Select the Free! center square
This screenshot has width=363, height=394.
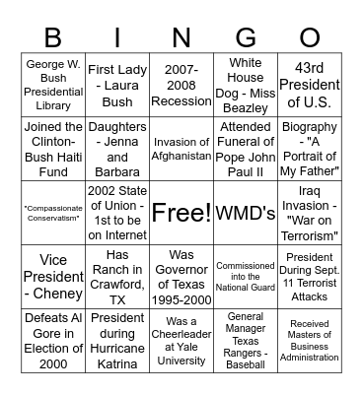[x=181, y=212]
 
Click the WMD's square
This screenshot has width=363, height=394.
[x=245, y=212]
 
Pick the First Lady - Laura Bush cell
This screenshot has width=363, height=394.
[x=116, y=86]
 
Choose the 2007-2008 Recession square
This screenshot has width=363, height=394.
[x=181, y=86]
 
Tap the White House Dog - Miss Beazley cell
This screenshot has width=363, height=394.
[x=245, y=86]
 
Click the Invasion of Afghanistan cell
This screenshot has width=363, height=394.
[x=181, y=149]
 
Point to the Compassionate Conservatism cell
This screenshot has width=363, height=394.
[x=52, y=212]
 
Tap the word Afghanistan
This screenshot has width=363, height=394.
[x=181, y=156]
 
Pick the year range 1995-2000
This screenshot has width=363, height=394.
[x=181, y=294]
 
